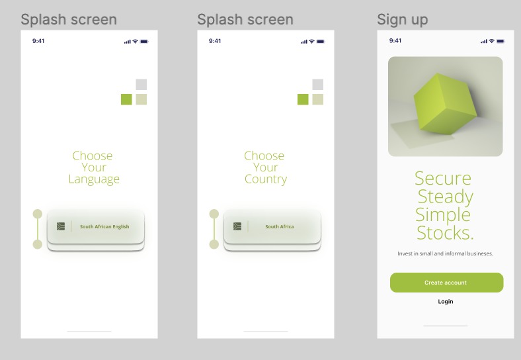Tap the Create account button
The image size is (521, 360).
tap(446, 283)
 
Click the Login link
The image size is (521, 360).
tap(446, 302)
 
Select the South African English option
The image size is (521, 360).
tap(104, 226)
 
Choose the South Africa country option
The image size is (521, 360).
tap(280, 226)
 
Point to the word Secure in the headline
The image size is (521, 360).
tap(443, 178)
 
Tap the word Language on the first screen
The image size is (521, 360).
tap(94, 179)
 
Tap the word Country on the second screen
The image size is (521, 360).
tap(266, 179)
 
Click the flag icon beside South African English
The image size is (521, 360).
tap(61, 226)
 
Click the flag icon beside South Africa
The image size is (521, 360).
tap(237, 226)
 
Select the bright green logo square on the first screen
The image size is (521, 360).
tap(126, 99)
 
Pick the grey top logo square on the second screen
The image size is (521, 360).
tap(318, 84)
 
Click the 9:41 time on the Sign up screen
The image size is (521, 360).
tap(395, 41)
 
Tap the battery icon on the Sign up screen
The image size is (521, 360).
tap(501, 41)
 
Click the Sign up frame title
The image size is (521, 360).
tap(402, 20)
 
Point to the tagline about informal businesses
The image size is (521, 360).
tap(445, 253)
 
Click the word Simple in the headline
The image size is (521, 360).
tap(443, 214)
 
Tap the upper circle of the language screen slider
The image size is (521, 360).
tap(38, 214)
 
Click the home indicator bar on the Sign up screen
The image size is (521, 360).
tap(445, 326)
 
